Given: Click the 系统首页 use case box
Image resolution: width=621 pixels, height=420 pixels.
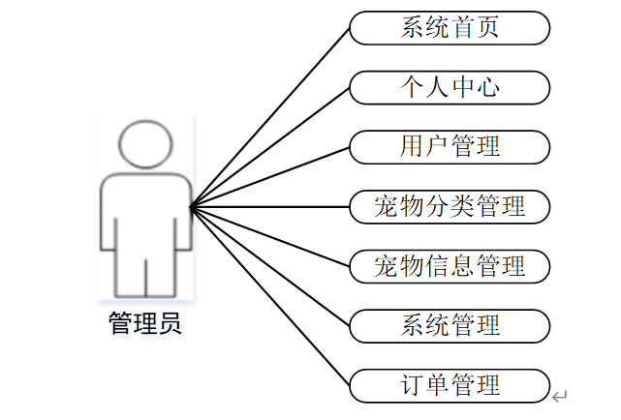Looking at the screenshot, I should pos(450,28).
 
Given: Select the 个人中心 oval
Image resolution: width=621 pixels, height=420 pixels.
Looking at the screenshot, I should pos(450,88).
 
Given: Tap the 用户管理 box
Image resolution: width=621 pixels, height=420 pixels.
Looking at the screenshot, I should pos(450,147).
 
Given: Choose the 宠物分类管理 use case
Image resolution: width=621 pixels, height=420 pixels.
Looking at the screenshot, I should pos(450,206).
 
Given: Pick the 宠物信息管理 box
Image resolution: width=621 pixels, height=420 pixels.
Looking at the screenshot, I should pos(450,265).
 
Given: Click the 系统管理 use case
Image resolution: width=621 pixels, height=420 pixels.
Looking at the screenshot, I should pos(450,325).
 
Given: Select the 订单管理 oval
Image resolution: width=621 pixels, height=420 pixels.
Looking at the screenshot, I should pos(450,384).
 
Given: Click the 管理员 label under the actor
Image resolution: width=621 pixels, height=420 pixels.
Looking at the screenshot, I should pos(144,323).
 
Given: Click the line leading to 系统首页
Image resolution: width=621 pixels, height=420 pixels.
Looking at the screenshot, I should pos(270,116).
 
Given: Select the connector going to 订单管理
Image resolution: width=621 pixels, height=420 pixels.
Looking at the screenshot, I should pos(270,295).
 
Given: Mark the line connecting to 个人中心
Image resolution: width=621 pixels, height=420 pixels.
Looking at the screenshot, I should pos(270,146).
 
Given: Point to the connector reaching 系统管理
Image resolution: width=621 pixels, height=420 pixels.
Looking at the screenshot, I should pos(270,265).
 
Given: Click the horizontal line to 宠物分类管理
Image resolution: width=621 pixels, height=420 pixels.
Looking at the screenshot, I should pos(270,206).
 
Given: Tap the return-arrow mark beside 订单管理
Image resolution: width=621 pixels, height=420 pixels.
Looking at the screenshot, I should pos(560,396).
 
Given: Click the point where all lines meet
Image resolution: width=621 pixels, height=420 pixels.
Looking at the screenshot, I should pos(191,206).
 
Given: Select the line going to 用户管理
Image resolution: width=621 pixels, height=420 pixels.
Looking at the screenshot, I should pos(270,176).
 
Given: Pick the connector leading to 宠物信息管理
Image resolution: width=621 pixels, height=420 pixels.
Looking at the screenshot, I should pos(270,235).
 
